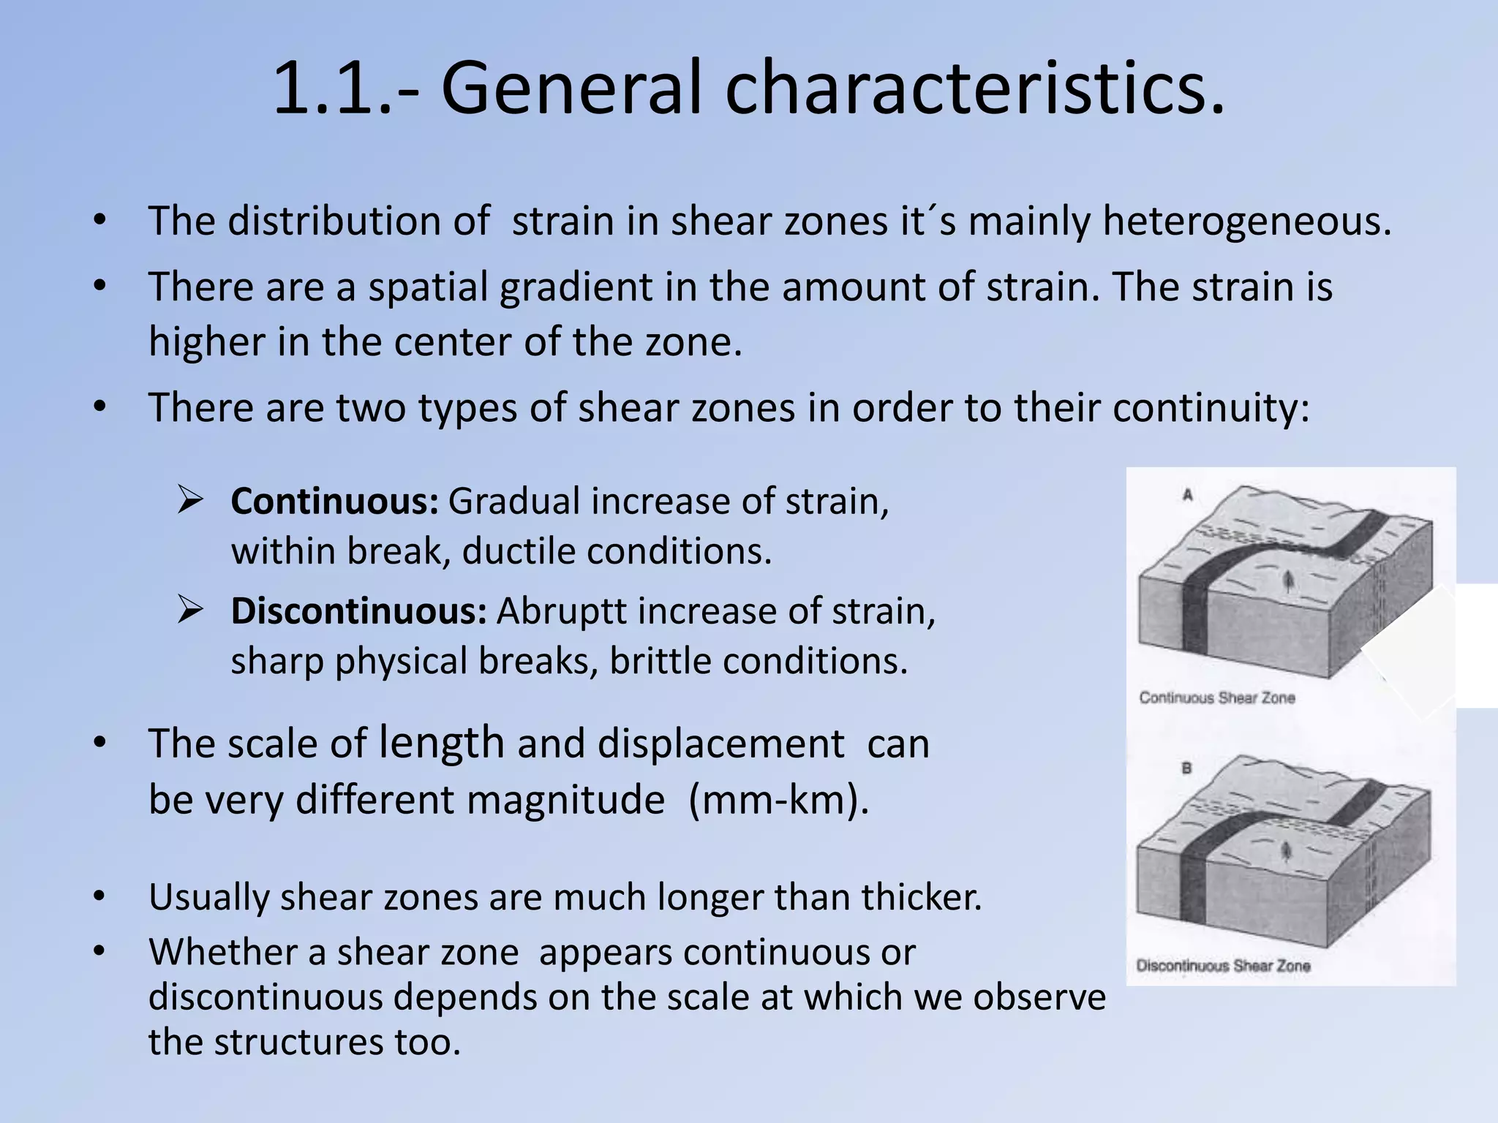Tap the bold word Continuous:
(x=334, y=502)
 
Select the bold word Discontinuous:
(x=358, y=611)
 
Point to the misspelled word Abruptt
(x=560, y=611)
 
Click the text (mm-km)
(x=778, y=799)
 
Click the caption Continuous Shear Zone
(x=1217, y=698)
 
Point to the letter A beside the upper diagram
(x=1187, y=496)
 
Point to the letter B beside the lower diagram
(x=1186, y=768)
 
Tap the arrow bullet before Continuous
(x=190, y=501)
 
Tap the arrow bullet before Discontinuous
(x=190, y=610)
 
